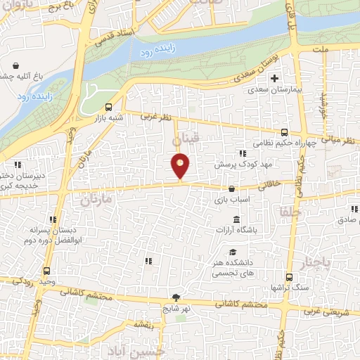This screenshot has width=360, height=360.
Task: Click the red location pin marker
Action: click(181, 165)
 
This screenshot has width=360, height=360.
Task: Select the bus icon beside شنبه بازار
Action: click(108, 108)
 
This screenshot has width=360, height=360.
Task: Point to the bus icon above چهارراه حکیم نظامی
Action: click(284, 132)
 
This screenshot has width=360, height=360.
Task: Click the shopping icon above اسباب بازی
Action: click(232, 188)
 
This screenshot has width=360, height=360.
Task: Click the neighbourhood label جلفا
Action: click(290, 210)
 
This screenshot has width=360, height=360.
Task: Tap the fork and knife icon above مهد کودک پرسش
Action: click(243, 153)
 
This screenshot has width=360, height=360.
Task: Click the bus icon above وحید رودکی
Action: click(46, 271)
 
